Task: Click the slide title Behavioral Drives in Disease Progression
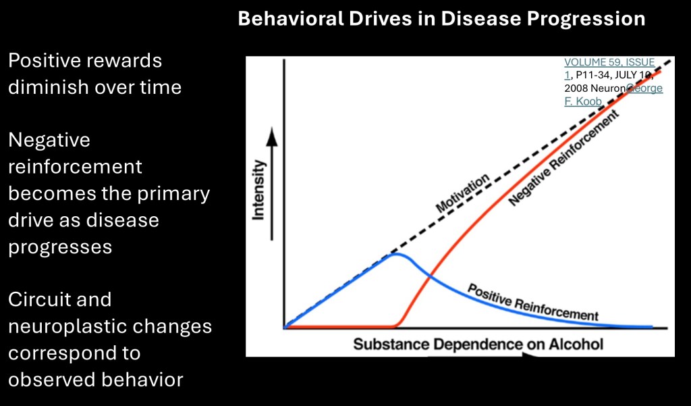(441, 19)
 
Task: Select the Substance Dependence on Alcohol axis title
(478, 344)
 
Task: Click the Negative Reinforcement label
(563, 158)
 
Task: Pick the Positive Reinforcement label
(533, 302)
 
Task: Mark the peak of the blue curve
(396, 254)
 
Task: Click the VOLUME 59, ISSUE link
(609, 63)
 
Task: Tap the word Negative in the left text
(49, 141)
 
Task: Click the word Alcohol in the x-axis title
(575, 344)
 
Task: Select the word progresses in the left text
(60, 247)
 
